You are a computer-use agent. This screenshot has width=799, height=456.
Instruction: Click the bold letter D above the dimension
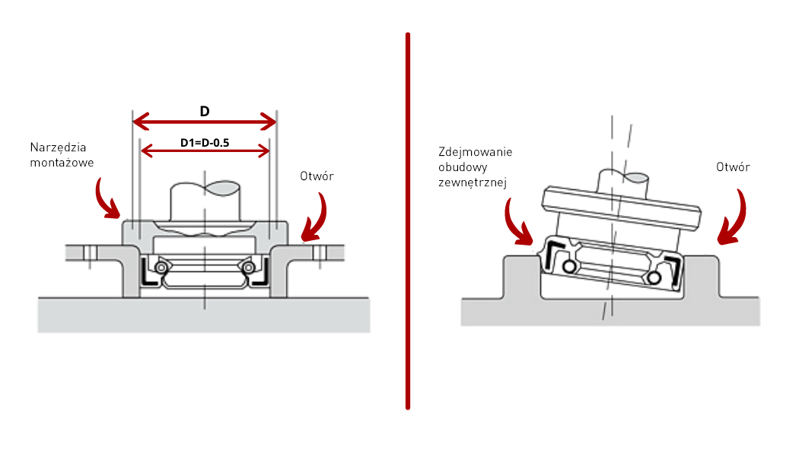[x=205, y=111]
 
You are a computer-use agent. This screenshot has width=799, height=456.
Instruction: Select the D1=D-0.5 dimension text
[x=205, y=143]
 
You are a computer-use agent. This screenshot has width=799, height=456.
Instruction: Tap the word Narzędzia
[x=58, y=147]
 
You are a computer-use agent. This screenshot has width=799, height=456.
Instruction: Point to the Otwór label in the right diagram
[x=734, y=167]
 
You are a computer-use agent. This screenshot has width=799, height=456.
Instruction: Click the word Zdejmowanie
[x=476, y=152]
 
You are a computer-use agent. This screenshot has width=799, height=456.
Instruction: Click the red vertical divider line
[x=409, y=220]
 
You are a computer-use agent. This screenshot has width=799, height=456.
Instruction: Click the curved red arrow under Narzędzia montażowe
[x=107, y=199]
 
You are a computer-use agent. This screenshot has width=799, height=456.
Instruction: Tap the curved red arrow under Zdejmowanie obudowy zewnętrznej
[x=520, y=222]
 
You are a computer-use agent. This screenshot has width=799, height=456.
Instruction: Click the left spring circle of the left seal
[x=161, y=267]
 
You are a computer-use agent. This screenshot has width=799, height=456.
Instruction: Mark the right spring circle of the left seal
[x=248, y=267]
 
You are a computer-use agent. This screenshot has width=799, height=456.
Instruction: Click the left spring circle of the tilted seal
[x=568, y=267]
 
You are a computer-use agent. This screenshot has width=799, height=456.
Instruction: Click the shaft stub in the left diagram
[x=205, y=201]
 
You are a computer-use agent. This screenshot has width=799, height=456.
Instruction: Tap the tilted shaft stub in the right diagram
[x=623, y=182]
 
